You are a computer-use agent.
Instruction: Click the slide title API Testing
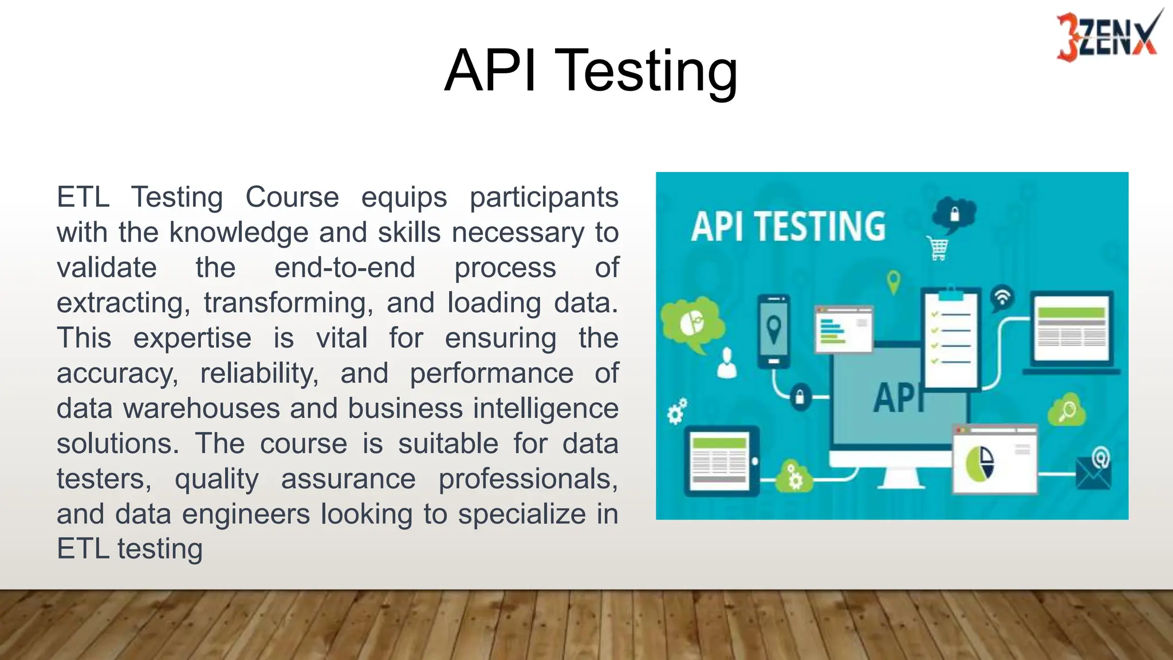591,70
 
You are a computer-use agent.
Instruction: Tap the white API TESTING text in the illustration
788,226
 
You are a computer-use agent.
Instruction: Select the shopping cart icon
938,249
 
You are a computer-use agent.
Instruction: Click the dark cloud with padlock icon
953,215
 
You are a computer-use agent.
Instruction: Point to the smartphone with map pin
774,331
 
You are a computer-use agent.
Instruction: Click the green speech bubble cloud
692,324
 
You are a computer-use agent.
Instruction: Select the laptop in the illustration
1071,332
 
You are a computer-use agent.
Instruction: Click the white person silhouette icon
727,363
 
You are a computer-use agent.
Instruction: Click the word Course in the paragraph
292,197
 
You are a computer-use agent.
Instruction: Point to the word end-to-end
345,268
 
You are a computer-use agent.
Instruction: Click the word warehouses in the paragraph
201,408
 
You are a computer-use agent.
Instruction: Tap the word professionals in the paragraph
528,479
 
